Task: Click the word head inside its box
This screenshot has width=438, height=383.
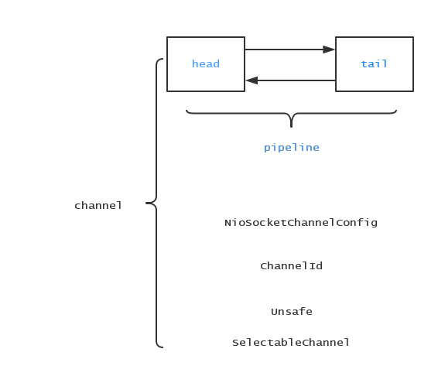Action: pos(206,63)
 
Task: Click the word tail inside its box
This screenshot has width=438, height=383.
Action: pos(374,63)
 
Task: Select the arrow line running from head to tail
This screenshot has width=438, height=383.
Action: pos(289,50)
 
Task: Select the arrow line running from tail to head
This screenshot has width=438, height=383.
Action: pos(290,80)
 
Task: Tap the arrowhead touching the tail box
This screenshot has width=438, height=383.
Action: pos(329,50)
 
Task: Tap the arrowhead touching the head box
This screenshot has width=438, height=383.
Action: pos(252,80)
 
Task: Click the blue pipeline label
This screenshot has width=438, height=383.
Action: pos(291,148)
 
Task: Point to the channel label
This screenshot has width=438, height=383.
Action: pos(98,206)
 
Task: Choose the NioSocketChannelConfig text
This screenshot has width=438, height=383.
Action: pos(301,223)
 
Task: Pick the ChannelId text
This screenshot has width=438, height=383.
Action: pos(291,265)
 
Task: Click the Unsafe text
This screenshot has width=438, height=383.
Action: pos(292,312)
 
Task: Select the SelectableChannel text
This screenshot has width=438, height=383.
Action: pos(290,343)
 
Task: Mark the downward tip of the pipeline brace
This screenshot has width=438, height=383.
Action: pos(291,127)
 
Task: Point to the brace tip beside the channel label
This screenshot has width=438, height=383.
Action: pos(146,203)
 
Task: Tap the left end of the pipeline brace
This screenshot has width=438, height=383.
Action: pos(186,111)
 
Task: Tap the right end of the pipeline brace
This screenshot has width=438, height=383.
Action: pos(396,111)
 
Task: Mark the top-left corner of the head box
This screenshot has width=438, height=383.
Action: pos(167,37)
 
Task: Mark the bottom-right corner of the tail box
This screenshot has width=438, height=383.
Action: pos(413,91)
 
